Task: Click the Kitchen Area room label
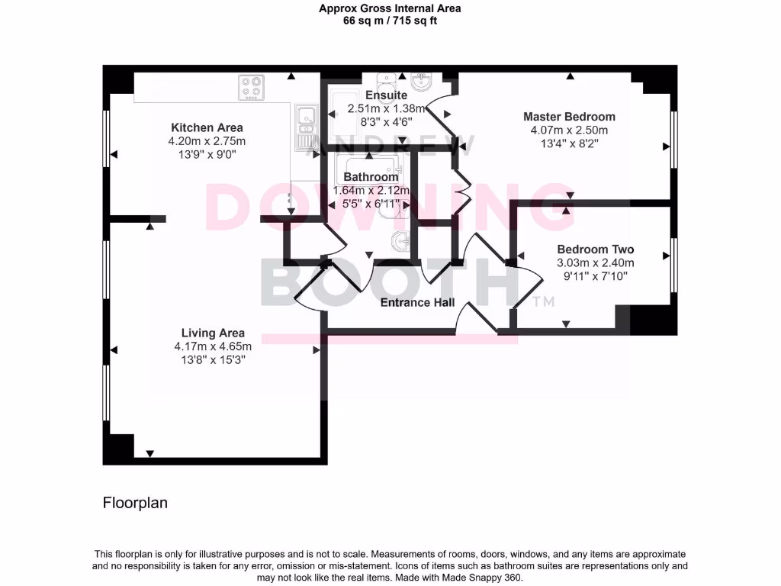click(207, 127)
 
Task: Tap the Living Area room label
click(213, 333)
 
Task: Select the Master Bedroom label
click(569, 117)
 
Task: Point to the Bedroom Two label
click(595, 250)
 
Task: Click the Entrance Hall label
click(417, 303)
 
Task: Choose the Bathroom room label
click(371, 177)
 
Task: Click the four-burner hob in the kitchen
click(251, 87)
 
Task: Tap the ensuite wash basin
click(420, 81)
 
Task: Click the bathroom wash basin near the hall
click(400, 242)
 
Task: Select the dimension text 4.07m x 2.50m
click(569, 130)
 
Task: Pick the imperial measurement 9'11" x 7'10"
click(595, 276)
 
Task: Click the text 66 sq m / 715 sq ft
click(390, 21)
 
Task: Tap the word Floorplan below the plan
click(135, 504)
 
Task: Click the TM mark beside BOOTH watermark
click(543, 302)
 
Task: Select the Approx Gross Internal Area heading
click(390, 8)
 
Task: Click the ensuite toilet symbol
click(387, 79)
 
